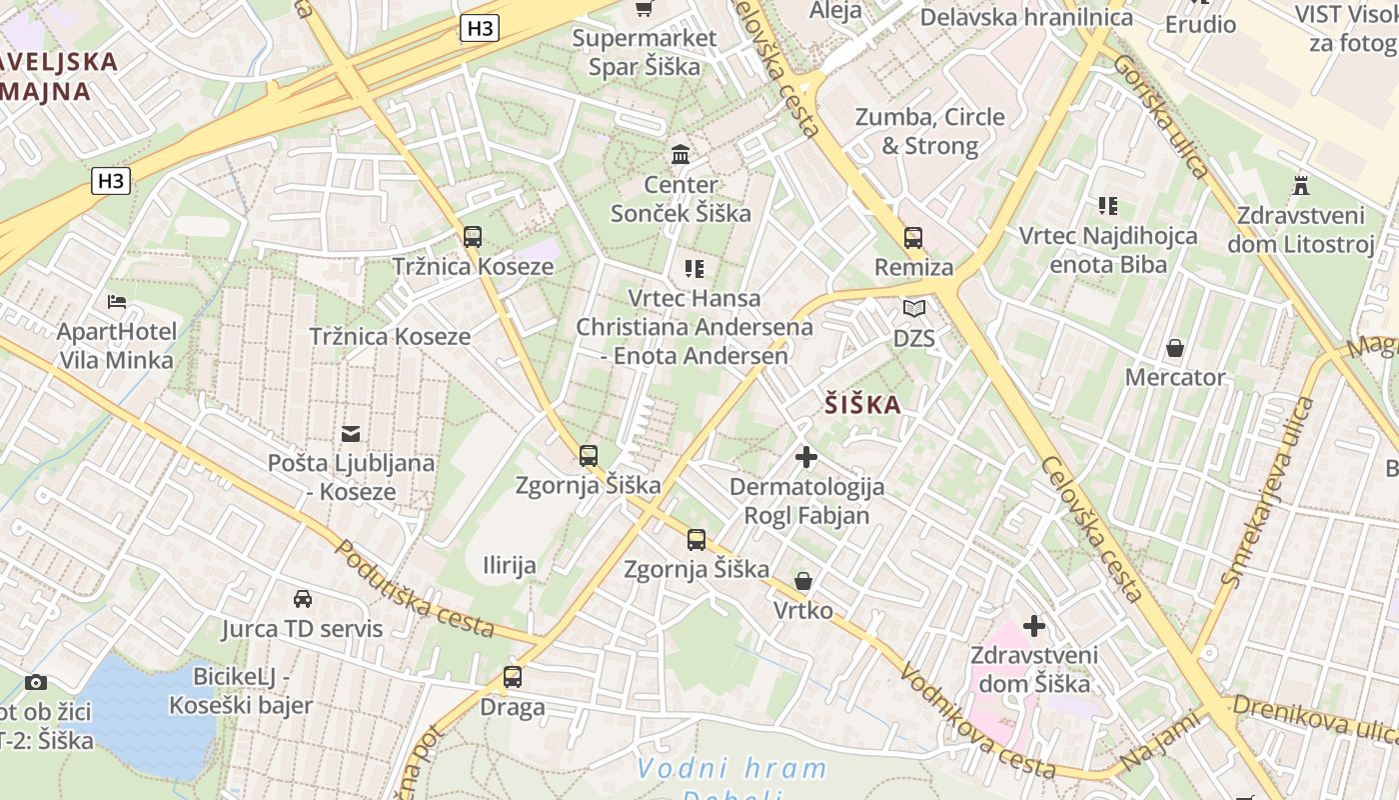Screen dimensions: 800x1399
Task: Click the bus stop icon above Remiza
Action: (913, 238)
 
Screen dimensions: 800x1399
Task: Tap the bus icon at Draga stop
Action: (513, 677)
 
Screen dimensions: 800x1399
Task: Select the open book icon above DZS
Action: (914, 308)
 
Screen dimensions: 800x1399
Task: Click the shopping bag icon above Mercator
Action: (1175, 348)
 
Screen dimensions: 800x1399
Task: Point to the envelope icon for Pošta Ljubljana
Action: (351, 434)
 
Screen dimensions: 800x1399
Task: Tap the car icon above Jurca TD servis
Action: (302, 599)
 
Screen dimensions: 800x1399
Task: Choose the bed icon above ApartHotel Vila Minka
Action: (117, 302)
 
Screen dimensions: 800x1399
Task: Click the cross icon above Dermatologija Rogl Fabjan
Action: (806, 458)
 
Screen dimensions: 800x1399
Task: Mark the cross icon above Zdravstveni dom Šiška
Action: (1034, 626)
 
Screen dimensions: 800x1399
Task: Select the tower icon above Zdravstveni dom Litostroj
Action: (1301, 185)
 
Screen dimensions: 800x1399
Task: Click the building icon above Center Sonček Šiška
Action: (682, 154)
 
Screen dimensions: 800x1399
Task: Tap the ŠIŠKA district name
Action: (863, 405)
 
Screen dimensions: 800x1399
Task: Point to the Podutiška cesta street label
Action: (414, 589)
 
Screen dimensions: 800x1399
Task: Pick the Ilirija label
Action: (510, 565)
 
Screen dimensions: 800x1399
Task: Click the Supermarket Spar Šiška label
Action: (645, 53)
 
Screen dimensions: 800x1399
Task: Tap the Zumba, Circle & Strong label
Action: (929, 131)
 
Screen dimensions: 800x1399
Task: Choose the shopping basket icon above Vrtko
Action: (802, 581)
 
